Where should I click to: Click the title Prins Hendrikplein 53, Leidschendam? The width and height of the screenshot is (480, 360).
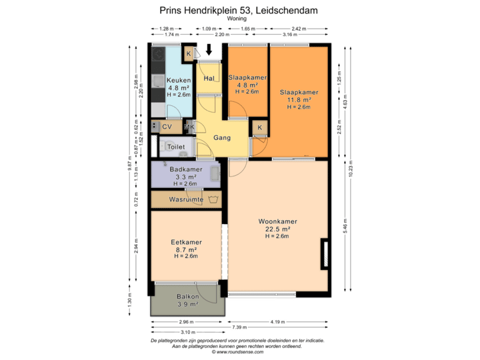click(239, 11)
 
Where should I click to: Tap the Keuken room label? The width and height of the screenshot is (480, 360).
click(178, 80)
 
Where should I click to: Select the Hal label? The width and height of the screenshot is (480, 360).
click(209, 79)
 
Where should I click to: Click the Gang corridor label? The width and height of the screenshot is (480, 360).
click(222, 138)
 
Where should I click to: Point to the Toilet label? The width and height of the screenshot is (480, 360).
click(176, 146)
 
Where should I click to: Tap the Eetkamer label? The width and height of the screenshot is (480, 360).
click(186, 243)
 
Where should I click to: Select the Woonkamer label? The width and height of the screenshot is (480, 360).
click(278, 221)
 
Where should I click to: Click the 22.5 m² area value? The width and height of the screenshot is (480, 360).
click(278, 229)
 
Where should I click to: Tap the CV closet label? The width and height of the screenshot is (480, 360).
click(167, 126)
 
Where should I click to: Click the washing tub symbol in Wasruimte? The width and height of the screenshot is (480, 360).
click(213, 199)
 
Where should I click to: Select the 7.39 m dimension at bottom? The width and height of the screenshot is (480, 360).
click(238, 328)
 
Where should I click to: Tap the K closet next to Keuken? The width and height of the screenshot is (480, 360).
click(189, 53)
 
